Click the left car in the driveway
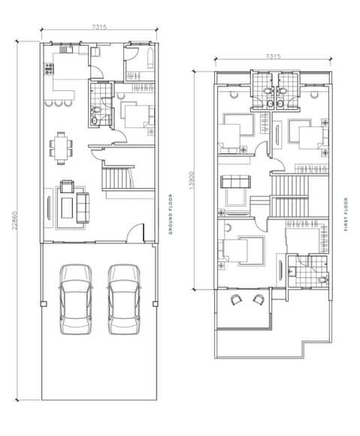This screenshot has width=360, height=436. tap(76, 299)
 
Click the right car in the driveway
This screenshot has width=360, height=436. tap(124, 299)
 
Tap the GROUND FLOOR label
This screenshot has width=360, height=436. tap(171, 214)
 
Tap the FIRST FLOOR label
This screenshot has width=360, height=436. tap(346, 214)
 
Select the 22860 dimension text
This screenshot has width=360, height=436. tap(15, 220)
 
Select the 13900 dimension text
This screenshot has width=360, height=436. tap(192, 180)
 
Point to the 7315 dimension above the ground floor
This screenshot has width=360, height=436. tap(99, 27)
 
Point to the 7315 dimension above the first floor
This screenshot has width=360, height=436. tap(273, 56)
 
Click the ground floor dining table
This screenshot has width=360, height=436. tap(61, 148)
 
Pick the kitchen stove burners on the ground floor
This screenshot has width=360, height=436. tap(49, 68)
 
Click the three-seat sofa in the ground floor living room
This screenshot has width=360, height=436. tap(83, 207)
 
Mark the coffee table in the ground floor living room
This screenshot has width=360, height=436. tap(67, 207)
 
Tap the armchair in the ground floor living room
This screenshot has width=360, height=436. tap(67, 186)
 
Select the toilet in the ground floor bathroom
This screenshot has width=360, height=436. tap(95, 110)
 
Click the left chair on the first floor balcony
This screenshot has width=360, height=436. tap(237, 300)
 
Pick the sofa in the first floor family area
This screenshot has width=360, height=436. tap(236, 181)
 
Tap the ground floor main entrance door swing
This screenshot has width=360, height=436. tap(135, 232)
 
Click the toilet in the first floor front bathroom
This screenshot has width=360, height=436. tap(322, 279)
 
